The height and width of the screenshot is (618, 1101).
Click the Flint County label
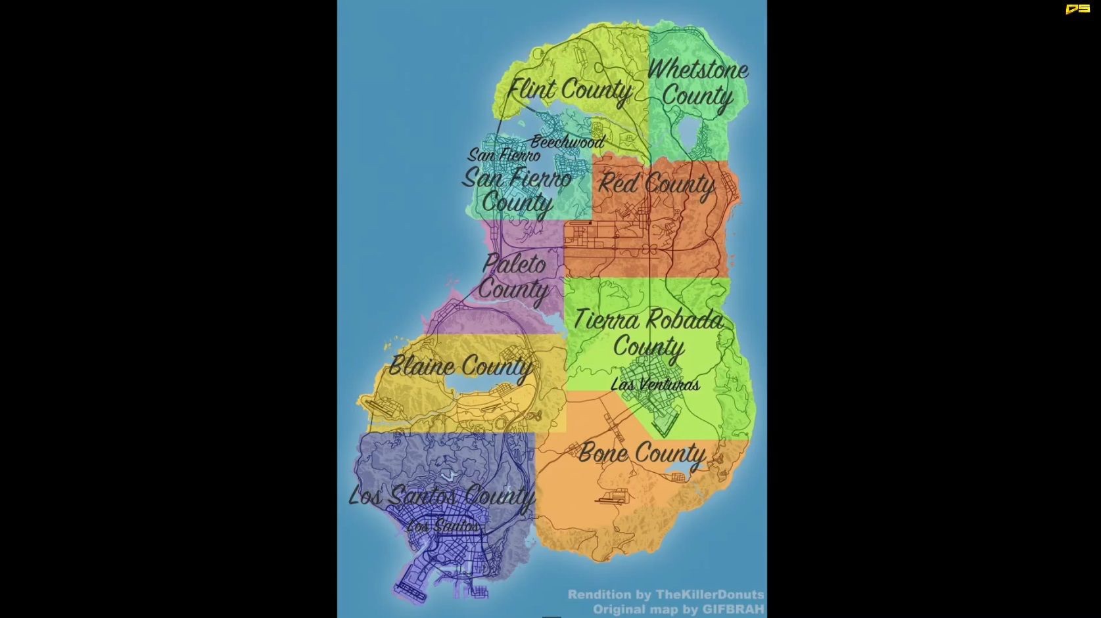[x=570, y=90]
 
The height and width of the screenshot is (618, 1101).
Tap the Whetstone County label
[x=697, y=83]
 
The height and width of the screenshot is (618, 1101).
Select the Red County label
[x=656, y=185]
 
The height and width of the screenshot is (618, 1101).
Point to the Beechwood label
[x=567, y=141]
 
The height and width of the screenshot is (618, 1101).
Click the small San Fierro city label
[x=504, y=155]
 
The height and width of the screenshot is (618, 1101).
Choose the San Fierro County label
[x=517, y=190]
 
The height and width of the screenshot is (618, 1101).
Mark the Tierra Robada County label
[x=649, y=333]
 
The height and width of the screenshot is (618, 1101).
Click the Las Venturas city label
[x=655, y=385]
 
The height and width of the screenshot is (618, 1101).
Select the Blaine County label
[x=460, y=366]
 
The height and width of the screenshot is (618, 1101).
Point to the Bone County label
[x=642, y=453]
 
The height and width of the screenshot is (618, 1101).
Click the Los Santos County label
[x=442, y=497]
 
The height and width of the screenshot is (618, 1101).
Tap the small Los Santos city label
[x=443, y=526]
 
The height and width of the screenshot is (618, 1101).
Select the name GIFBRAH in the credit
[x=733, y=609]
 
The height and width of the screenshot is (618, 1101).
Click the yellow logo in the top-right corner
[x=1077, y=9]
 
